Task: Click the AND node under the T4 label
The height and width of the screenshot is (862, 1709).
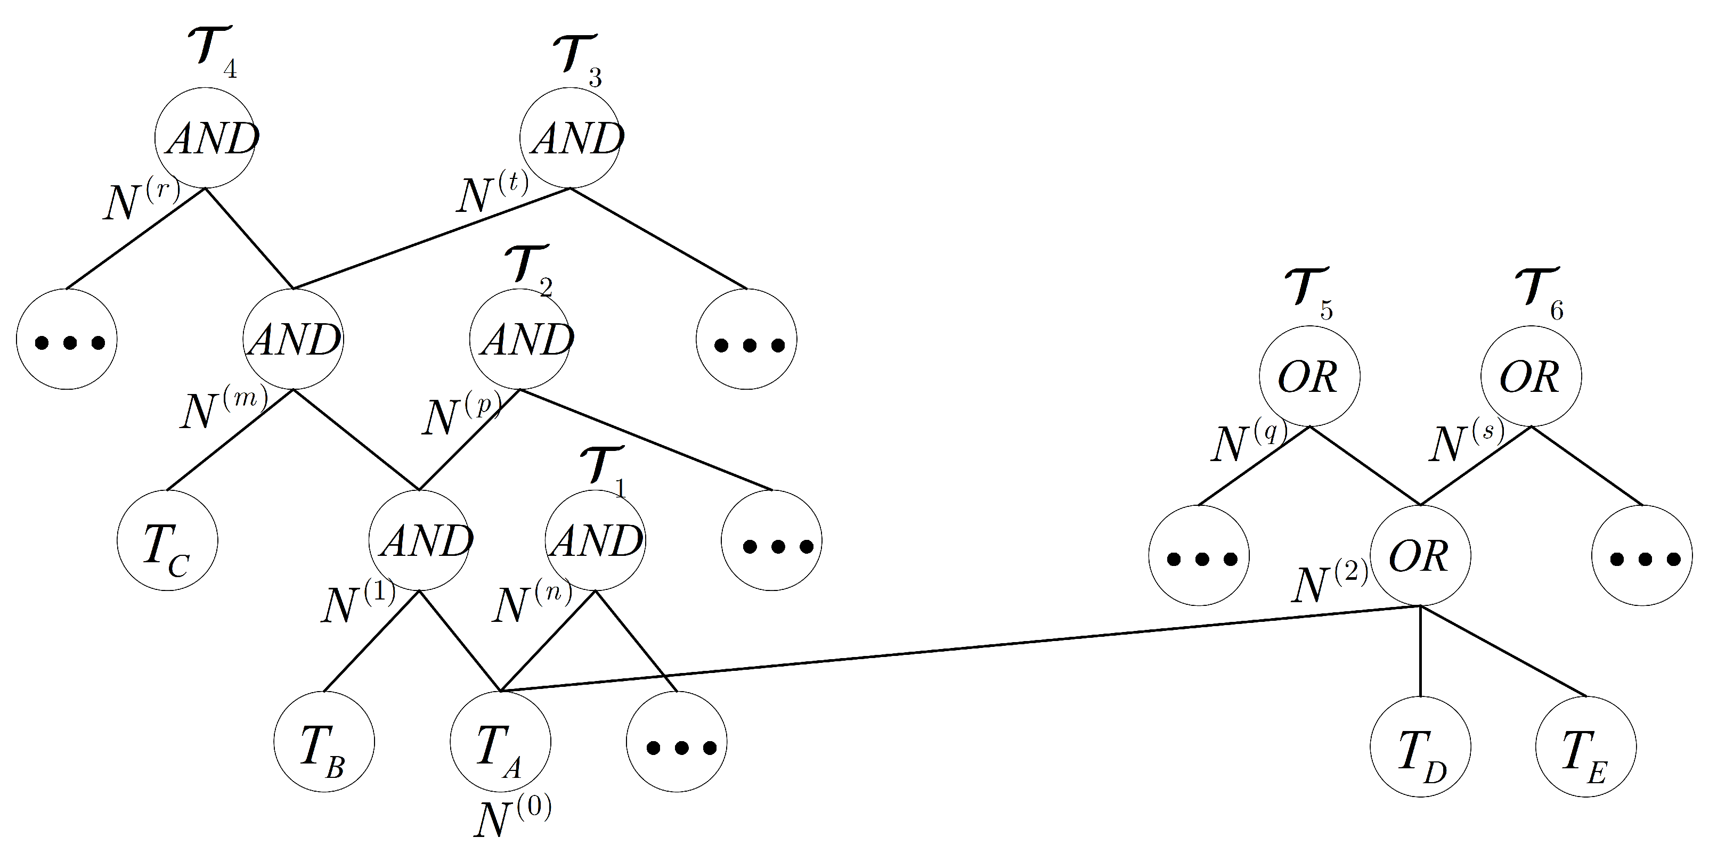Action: tap(206, 138)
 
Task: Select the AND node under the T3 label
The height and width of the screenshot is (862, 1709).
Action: tap(571, 138)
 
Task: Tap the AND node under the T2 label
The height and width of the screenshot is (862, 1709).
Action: tap(520, 340)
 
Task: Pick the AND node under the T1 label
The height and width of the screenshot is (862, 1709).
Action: tap(595, 541)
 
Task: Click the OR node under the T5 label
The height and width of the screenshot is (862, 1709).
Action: tap(1309, 376)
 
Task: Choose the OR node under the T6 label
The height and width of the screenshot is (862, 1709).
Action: tap(1531, 376)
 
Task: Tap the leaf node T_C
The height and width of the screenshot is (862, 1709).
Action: tap(167, 541)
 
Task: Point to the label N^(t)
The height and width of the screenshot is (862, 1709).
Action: tap(492, 192)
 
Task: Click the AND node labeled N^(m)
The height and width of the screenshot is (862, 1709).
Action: tap(293, 340)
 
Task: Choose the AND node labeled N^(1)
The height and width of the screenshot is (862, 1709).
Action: tap(419, 541)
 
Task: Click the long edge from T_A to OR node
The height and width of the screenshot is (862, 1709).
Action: tap(962, 648)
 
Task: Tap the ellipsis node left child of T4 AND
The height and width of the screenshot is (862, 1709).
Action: tap(67, 340)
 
